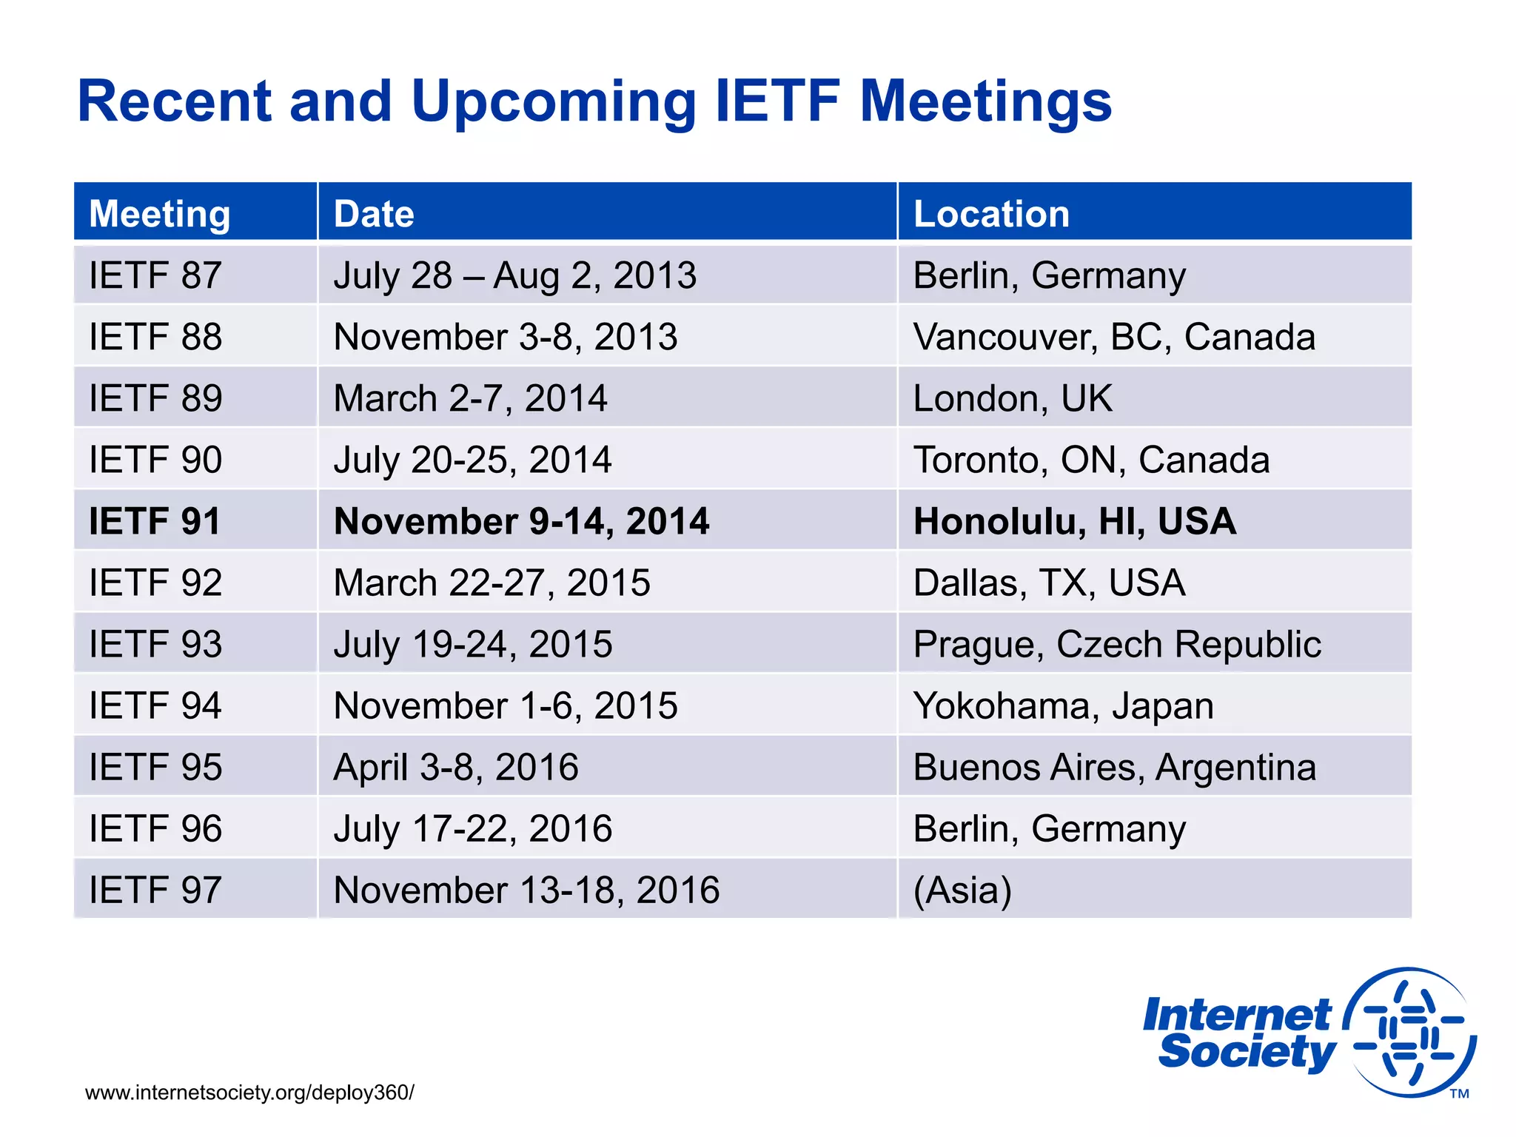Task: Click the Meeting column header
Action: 159,214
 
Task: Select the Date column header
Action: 374,214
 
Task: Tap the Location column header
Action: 991,214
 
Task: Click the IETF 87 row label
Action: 155,275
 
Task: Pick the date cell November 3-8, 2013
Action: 506,337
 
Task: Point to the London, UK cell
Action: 1012,398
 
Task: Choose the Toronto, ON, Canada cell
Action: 1091,460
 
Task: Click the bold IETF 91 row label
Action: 155,521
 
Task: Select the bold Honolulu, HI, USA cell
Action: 1074,521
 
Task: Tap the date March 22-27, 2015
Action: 492,583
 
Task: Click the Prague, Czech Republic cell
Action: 1116,644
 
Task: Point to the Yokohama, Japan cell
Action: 1063,705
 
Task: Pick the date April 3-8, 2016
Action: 456,767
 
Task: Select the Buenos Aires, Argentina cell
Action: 1114,767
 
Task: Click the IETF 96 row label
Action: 155,828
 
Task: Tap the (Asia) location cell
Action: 962,890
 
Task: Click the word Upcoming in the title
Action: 553,101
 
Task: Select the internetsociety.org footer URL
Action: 249,1093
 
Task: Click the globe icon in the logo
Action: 1410,1031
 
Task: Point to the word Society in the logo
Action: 1247,1052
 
